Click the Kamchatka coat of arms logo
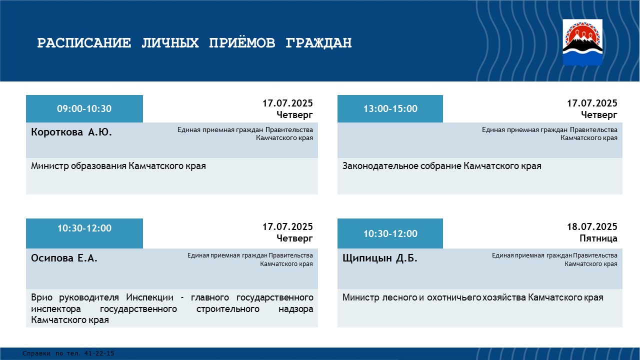point(582,43)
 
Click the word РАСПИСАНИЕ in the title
point(84,43)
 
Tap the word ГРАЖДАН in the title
point(319,43)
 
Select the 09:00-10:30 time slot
point(84,108)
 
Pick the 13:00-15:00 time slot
point(390,108)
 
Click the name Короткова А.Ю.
point(71,132)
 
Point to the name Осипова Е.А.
point(64,258)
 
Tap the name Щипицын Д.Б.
point(380,258)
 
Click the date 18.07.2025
point(592,226)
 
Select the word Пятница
point(598,238)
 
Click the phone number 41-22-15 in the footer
point(99,353)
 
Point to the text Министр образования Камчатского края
point(118,166)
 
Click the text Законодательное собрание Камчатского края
point(442,166)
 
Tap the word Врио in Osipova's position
point(41,297)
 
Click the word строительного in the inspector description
point(228,309)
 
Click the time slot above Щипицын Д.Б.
point(390,233)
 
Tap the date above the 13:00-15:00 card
point(592,103)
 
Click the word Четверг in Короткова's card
point(294,114)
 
